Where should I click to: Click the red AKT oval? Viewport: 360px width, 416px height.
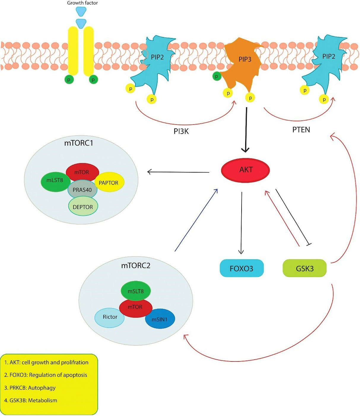tap(245, 170)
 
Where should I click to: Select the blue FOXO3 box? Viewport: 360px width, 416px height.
tap(242, 268)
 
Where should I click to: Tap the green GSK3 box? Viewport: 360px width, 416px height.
tap(305, 268)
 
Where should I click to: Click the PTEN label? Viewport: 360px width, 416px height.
tap(301, 130)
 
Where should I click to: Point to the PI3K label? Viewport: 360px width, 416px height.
tap(181, 131)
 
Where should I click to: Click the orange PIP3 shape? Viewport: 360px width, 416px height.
tap(243, 62)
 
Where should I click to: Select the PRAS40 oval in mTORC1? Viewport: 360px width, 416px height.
tap(82, 190)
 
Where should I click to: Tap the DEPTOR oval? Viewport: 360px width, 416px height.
tap(83, 207)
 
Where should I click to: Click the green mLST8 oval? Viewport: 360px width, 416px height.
tap(55, 180)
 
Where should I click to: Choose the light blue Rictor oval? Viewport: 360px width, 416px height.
tap(110, 317)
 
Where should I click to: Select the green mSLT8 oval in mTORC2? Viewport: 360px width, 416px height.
tap(136, 291)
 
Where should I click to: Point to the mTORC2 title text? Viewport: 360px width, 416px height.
tap(136, 265)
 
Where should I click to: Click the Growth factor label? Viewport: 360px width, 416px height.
tap(82, 3)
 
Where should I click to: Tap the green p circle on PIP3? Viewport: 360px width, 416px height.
tap(217, 76)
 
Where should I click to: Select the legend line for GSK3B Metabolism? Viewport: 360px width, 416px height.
tap(31, 400)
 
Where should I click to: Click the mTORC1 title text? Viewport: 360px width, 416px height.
tap(79, 143)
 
